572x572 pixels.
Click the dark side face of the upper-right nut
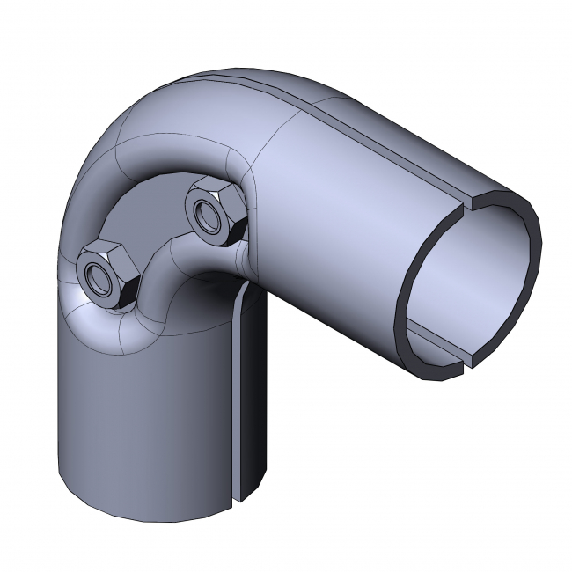click(x=230, y=231)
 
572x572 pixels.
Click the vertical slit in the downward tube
click(x=238, y=396)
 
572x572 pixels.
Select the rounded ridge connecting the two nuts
click(x=163, y=255)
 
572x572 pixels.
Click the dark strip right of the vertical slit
click(x=251, y=396)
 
